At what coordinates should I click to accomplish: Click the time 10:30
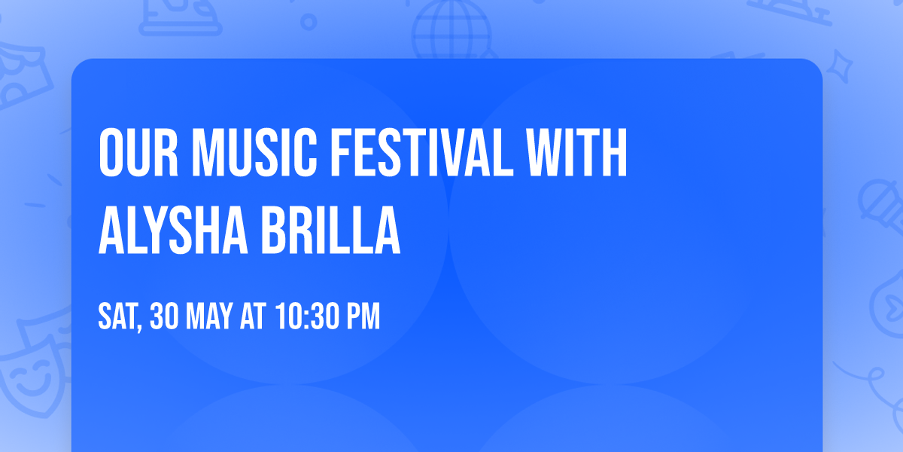point(304,317)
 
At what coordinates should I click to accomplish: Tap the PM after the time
point(361,317)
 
